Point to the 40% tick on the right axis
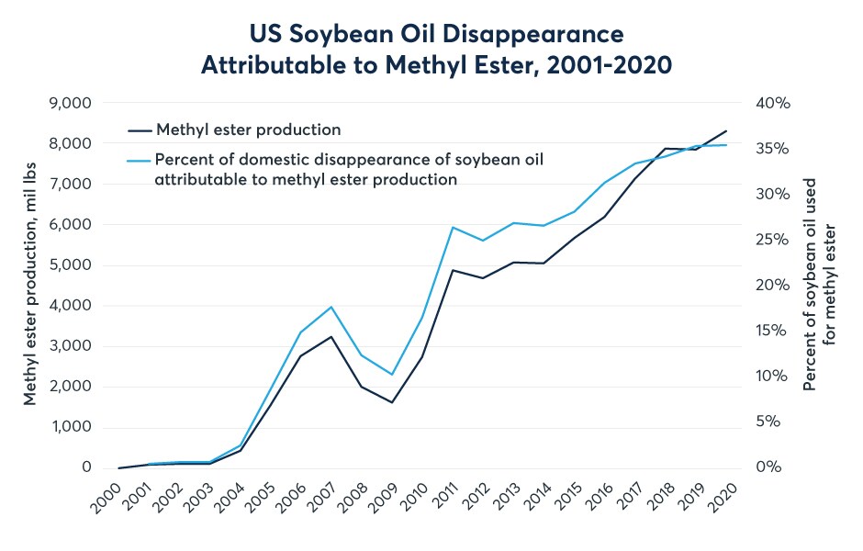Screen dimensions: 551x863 tap(773, 103)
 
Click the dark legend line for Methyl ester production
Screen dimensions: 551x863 tap(138, 129)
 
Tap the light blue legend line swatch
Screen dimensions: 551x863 tap(138, 160)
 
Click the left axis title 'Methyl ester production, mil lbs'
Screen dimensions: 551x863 tap(31, 285)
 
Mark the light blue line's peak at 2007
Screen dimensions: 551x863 tap(331, 307)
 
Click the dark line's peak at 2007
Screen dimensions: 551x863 tap(331, 337)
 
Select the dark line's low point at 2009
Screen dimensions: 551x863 tap(391, 402)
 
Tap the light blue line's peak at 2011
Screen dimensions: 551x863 tap(452, 227)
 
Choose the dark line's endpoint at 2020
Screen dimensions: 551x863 tap(727, 130)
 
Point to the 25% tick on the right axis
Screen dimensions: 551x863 tap(773, 240)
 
